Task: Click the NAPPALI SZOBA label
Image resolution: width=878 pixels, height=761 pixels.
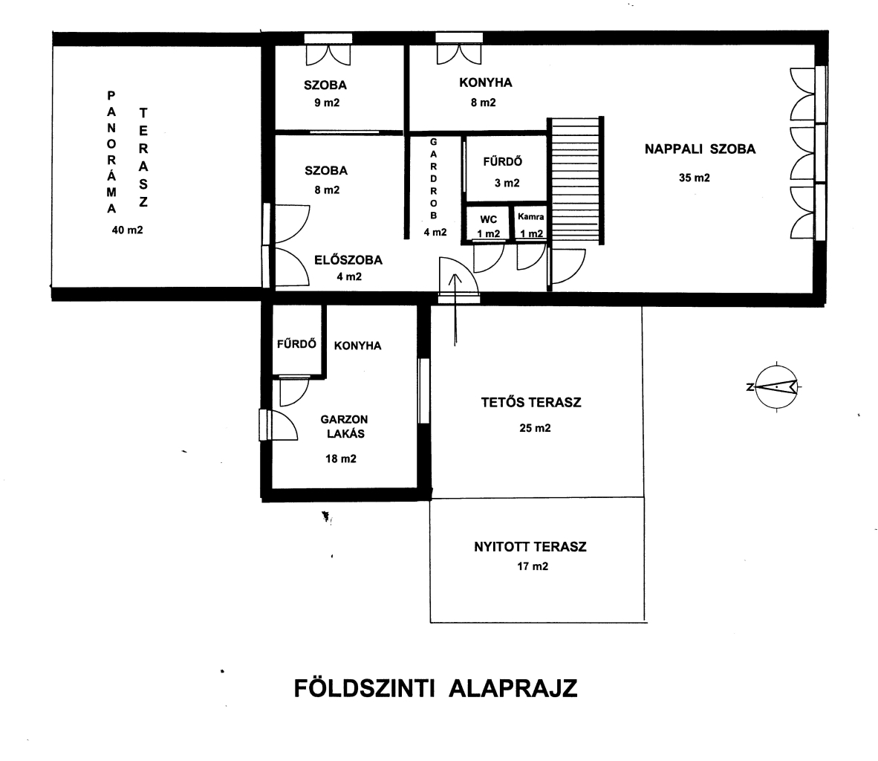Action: click(700, 149)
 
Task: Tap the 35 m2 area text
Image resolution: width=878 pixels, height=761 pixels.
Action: click(695, 178)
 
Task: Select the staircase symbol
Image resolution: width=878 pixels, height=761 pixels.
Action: click(576, 181)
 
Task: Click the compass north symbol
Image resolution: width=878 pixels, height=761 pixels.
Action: click(775, 386)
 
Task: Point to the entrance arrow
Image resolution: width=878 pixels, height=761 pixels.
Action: click(455, 309)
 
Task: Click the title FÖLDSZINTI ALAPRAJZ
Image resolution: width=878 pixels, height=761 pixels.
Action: click(435, 688)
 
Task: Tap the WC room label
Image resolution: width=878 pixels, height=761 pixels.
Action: click(488, 219)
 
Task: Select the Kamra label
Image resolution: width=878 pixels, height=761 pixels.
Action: click(531, 216)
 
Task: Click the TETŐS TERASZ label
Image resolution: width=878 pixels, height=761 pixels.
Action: click(531, 402)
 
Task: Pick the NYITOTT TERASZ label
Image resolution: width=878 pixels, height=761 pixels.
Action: click(530, 546)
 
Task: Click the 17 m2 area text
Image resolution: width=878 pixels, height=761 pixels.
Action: click(533, 566)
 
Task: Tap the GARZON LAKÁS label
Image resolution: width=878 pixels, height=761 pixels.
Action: click(345, 427)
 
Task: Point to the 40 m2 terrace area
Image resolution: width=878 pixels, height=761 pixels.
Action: click(127, 230)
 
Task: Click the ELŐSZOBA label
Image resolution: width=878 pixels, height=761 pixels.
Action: click(348, 260)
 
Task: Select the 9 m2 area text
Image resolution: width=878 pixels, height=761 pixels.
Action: click(327, 103)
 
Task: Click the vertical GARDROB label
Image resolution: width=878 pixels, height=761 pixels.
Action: click(433, 179)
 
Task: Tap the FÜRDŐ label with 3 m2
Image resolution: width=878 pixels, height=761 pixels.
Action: click(503, 161)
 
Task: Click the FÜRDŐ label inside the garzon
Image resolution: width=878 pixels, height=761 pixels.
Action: click(297, 343)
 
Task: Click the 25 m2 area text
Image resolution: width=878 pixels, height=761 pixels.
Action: click(535, 428)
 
